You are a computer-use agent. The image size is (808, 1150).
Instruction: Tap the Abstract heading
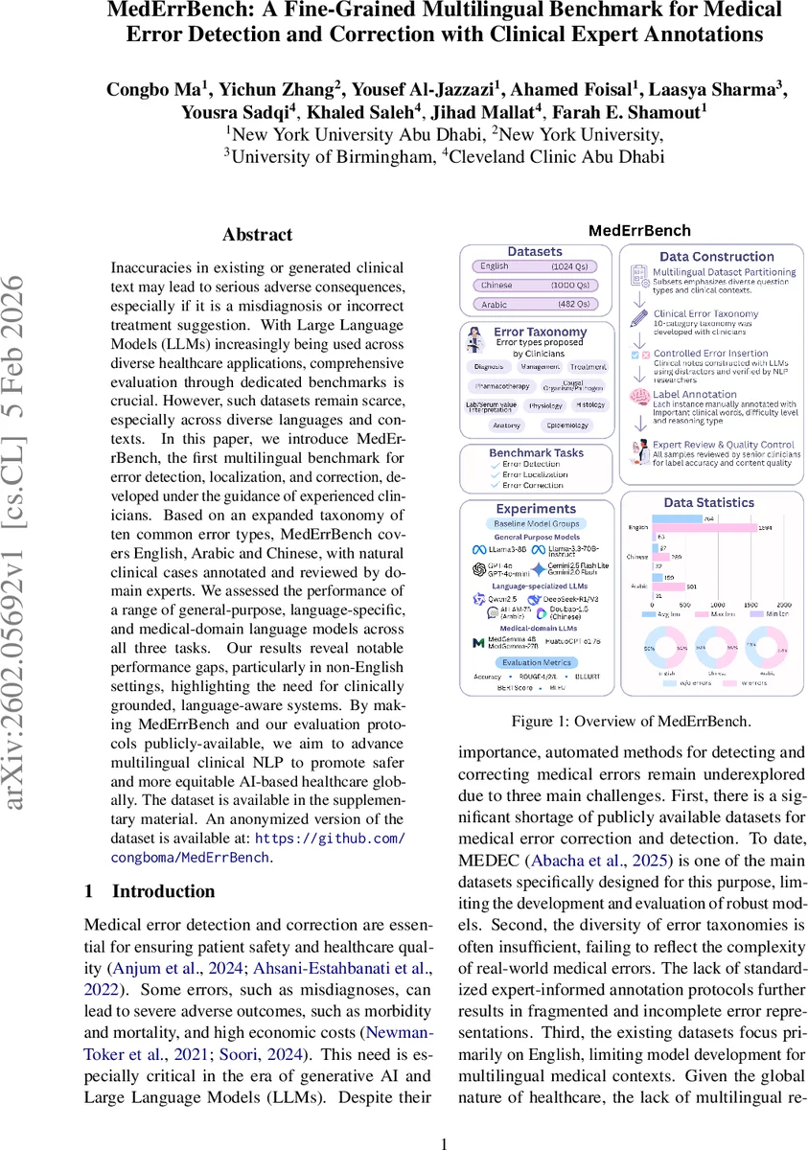pyautogui.click(x=257, y=235)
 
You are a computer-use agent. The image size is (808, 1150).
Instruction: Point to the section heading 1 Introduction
pyautogui.click(x=150, y=891)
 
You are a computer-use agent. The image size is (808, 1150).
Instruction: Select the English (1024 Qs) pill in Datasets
pyautogui.click(x=535, y=266)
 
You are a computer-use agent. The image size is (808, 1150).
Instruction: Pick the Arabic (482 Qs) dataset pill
pyautogui.click(x=535, y=305)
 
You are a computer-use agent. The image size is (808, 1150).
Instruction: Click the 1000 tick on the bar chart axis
pyautogui.click(x=725, y=606)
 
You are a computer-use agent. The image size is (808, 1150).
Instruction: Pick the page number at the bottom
pyautogui.click(x=444, y=1143)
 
